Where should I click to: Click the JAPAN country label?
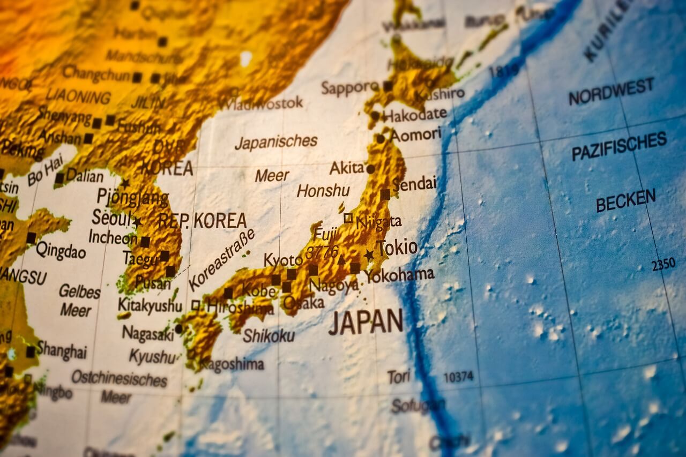366,321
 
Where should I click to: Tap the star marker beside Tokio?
369,255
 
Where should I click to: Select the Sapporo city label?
350,87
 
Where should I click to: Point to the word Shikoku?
269,335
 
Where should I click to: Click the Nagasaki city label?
148,333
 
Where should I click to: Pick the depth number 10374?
458,377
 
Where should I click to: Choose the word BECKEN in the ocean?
625,200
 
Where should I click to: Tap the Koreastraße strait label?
221,260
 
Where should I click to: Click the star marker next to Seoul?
137,221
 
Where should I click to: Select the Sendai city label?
414,184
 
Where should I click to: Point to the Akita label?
347,168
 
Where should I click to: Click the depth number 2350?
663,264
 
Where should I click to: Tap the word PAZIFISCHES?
619,146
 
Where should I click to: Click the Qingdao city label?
61,250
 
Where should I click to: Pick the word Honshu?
323,191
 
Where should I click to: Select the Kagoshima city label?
232,365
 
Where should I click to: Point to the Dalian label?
85,176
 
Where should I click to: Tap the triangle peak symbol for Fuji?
341,260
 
